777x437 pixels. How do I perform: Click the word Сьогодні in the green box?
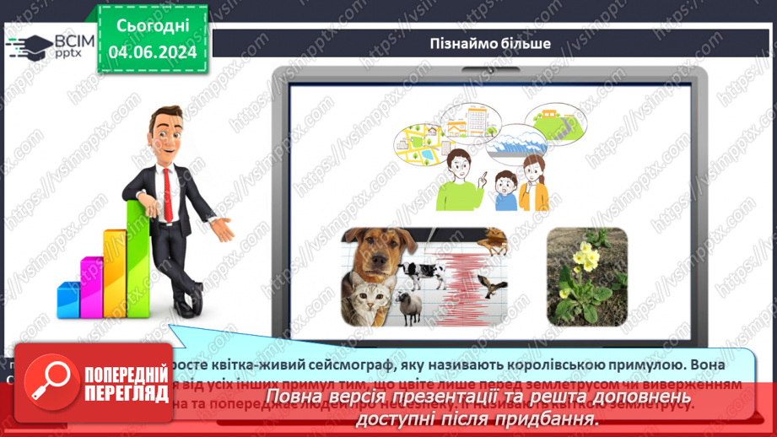(x=152, y=27)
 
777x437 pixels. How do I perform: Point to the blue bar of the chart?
(x=68, y=299)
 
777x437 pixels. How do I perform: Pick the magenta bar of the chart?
(x=91, y=287)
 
